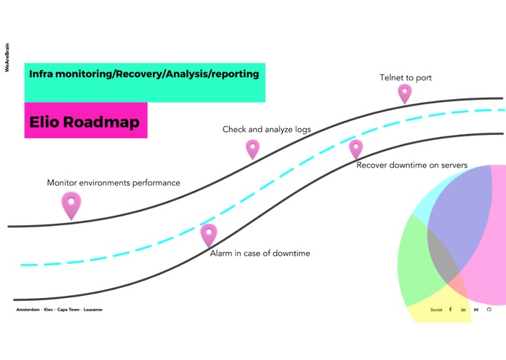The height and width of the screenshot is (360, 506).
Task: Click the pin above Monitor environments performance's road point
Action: (x=71, y=205)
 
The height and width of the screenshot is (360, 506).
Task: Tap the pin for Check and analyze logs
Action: (x=253, y=149)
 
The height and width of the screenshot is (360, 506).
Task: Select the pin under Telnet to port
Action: (x=405, y=93)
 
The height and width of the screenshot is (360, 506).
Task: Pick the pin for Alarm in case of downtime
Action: (x=208, y=235)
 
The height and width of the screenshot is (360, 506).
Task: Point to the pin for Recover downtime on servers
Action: (x=355, y=149)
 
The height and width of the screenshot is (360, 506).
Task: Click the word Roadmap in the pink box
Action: (x=101, y=122)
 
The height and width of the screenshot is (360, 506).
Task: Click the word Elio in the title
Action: (x=44, y=122)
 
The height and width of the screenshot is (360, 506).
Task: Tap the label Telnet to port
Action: (x=406, y=78)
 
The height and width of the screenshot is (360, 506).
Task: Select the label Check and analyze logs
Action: (x=266, y=130)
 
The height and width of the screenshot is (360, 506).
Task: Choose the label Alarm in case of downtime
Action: (x=260, y=253)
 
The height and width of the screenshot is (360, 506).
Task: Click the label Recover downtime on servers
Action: (x=412, y=165)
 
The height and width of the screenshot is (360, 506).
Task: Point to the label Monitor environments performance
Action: (x=114, y=183)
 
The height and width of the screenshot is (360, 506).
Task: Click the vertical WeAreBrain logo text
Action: (x=7, y=58)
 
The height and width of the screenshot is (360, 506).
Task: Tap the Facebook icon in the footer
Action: (x=451, y=309)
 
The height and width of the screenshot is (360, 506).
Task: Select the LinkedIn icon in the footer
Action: (x=463, y=310)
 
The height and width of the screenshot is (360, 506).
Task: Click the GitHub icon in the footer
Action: (x=489, y=309)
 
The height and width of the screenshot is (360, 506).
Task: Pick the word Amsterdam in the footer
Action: (x=28, y=310)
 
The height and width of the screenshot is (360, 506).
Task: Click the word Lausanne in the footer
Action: (x=93, y=310)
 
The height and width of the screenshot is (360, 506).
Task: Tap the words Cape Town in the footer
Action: (x=68, y=310)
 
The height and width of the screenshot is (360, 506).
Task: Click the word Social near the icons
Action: (x=436, y=310)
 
